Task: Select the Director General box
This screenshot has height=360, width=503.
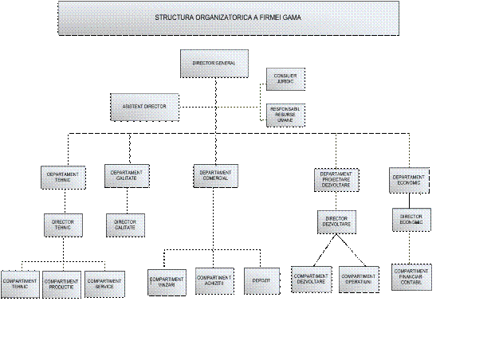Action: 214,63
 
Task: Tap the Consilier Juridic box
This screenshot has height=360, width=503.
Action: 285,79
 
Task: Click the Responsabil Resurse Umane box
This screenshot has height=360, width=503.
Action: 285,115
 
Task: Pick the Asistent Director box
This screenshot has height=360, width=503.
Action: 143,106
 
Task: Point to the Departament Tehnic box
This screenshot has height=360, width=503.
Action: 63,177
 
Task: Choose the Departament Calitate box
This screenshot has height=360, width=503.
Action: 127,175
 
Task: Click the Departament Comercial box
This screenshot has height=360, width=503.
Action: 216,175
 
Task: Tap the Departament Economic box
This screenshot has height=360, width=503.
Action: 409,179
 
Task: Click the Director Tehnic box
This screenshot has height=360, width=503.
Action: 63,225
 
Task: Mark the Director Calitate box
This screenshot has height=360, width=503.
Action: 126,225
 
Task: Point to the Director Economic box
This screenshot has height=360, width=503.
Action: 411,219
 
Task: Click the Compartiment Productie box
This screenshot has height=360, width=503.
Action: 62,284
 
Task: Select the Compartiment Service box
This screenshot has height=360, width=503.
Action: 104,284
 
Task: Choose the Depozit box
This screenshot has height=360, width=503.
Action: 261,280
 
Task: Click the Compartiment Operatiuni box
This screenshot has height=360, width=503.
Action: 359,279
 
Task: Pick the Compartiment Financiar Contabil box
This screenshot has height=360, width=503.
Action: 411,277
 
